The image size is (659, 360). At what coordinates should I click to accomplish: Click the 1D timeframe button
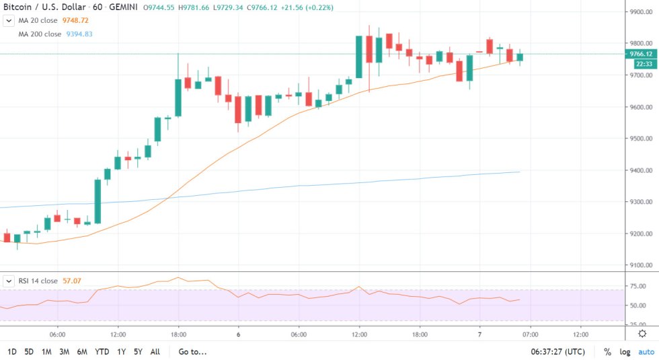[12, 351]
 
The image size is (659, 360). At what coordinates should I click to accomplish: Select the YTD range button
[102, 351]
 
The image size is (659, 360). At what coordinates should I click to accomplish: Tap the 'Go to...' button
[192, 351]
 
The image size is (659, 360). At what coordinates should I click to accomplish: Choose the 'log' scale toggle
[625, 351]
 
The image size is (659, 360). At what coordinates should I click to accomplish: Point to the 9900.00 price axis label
[639, 12]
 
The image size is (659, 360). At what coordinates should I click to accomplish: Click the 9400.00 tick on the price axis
[639, 170]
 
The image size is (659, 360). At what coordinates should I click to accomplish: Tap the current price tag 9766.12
[640, 54]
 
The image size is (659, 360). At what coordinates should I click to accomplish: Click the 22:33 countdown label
[640, 65]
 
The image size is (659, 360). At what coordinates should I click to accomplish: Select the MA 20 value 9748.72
[75, 21]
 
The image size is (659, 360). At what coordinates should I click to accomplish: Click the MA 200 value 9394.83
[79, 34]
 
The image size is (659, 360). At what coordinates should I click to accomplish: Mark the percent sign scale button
[607, 351]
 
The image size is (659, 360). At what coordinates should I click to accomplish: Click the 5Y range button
[137, 351]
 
